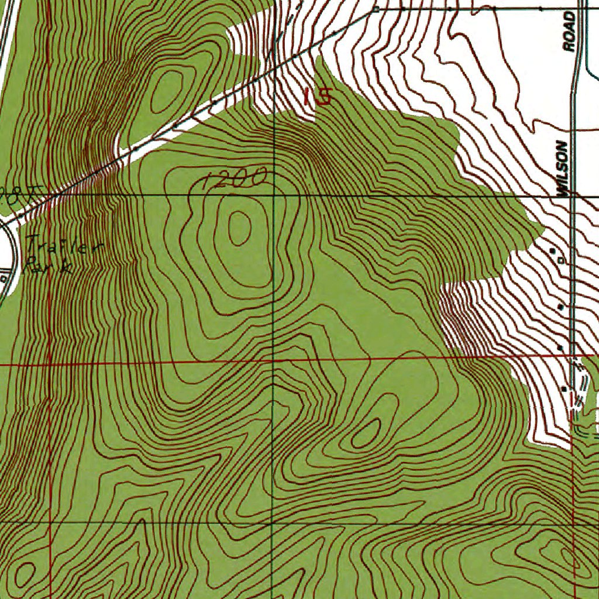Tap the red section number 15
click(x=318, y=96)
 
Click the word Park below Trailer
click(x=49, y=266)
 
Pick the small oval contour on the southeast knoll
click(x=367, y=432)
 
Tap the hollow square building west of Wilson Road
click(x=562, y=259)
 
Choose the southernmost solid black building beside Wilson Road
click(x=564, y=388)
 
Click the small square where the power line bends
click(x=376, y=10)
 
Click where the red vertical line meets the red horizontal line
click(x=50, y=364)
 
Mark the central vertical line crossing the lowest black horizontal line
click(x=272, y=522)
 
